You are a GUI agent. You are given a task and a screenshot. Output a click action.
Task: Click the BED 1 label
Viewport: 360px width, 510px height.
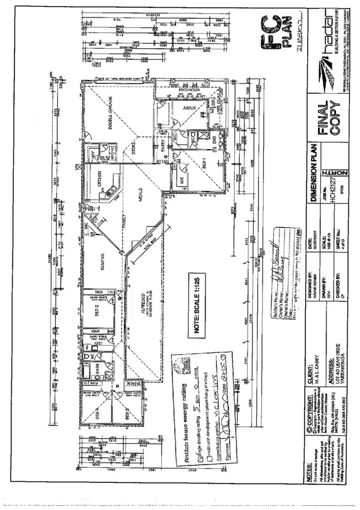tap(204, 162)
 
